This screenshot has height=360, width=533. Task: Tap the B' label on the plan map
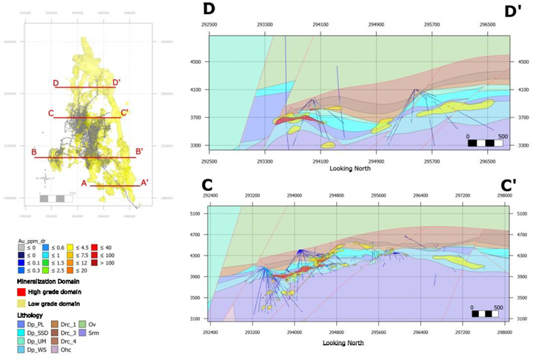(139, 152)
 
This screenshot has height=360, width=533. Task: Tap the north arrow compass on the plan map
(44, 179)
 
